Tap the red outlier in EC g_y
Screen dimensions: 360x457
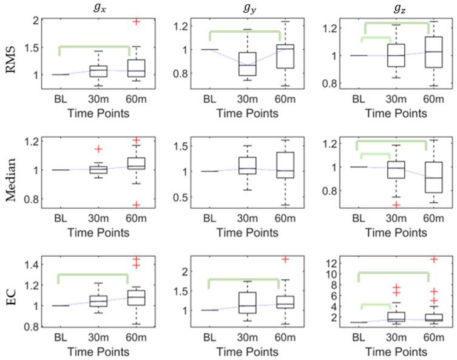(285, 259)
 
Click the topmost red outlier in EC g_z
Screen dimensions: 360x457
(435, 259)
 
